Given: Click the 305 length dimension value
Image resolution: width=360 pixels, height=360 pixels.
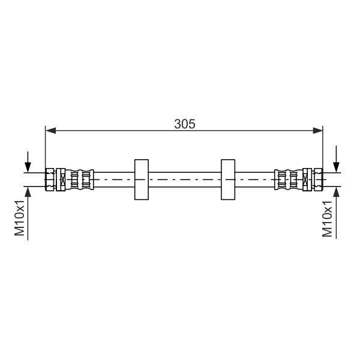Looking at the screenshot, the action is [x=185, y=124].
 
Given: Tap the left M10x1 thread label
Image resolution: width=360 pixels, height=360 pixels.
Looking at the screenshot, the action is [x=20, y=218].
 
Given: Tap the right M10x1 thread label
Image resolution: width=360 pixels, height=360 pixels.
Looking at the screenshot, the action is [x=327, y=219].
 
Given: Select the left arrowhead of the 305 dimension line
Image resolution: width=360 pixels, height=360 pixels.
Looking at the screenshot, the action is [x=51, y=131].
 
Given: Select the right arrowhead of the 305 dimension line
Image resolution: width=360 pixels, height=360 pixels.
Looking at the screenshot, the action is [x=318, y=131].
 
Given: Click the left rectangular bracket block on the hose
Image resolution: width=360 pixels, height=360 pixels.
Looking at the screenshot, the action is [x=142, y=179].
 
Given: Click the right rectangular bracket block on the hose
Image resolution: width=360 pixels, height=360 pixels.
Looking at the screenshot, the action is [x=228, y=179].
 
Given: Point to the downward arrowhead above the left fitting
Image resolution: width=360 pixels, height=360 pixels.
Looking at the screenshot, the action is [x=28, y=167].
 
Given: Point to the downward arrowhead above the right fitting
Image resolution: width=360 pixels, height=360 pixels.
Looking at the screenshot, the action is [x=337, y=167].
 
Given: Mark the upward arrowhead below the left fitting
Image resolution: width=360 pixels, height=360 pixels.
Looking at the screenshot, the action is [x=28, y=192].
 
